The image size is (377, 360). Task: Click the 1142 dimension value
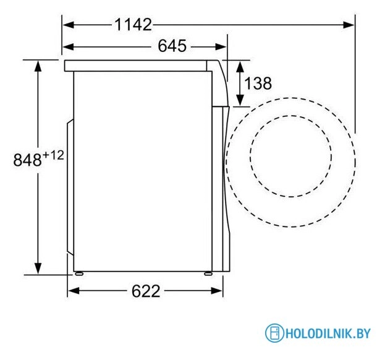132,25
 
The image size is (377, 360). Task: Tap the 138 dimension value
258,83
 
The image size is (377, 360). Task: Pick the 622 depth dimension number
145,290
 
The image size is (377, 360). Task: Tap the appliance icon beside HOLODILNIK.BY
274,334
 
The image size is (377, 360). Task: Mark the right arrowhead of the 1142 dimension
349,25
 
